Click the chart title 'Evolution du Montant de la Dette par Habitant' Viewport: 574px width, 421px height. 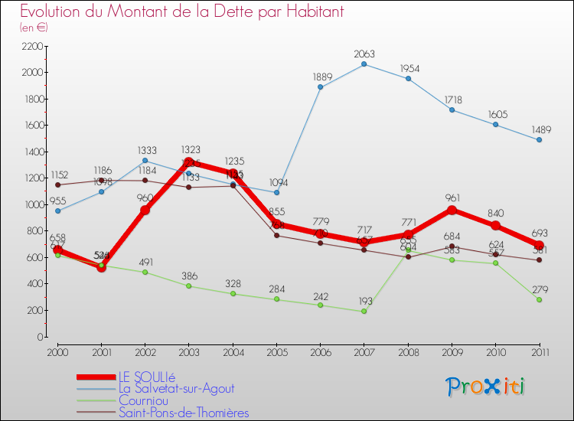[x=182, y=11]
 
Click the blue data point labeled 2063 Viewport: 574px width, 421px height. [x=364, y=64]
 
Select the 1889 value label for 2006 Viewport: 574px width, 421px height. [x=320, y=77]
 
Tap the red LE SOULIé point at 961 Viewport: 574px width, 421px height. [x=452, y=210]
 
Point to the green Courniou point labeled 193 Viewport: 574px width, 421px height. [x=364, y=312]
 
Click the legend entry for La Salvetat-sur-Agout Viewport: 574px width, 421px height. [x=176, y=389]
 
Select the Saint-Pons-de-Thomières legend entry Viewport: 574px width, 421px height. [x=184, y=413]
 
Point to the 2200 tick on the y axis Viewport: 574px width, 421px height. [x=31, y=46]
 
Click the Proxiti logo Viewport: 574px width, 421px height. [x=486, y=387]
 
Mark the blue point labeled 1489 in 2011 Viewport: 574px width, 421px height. [x=539, y=140]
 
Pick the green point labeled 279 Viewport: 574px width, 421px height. [x=539, y=300]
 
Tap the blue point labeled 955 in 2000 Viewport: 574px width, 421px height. [x=57, y=210]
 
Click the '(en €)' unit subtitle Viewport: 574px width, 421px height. [x=34, y=28]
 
